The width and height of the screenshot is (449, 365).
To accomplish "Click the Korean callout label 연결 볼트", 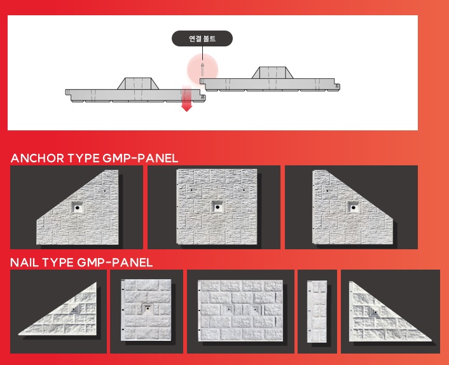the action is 202,39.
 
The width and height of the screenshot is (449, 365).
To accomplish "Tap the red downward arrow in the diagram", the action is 187,98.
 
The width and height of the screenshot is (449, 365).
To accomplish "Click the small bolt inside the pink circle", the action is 202,69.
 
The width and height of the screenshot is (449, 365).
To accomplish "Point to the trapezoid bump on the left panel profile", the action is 138,83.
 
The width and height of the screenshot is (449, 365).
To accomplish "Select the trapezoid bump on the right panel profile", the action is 273,72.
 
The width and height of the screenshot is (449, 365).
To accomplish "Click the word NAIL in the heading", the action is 24,263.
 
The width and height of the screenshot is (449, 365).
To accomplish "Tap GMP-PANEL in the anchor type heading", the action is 141,158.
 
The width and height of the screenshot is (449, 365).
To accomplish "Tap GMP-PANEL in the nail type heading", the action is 115,263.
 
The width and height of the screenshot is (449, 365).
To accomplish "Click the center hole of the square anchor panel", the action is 218,207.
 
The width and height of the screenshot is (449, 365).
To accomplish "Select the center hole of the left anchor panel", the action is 77,207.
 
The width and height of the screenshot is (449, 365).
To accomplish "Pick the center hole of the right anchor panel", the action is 354,207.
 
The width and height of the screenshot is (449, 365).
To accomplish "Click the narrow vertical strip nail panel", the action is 317,312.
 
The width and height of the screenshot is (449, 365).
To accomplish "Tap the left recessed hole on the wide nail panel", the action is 228,309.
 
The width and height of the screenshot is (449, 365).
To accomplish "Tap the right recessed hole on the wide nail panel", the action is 255,309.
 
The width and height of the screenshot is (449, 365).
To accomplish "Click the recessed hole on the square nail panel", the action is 147,308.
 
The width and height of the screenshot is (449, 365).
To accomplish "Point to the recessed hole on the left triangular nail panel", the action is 74,310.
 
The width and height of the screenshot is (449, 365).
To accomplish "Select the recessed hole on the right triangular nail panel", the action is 374,312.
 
